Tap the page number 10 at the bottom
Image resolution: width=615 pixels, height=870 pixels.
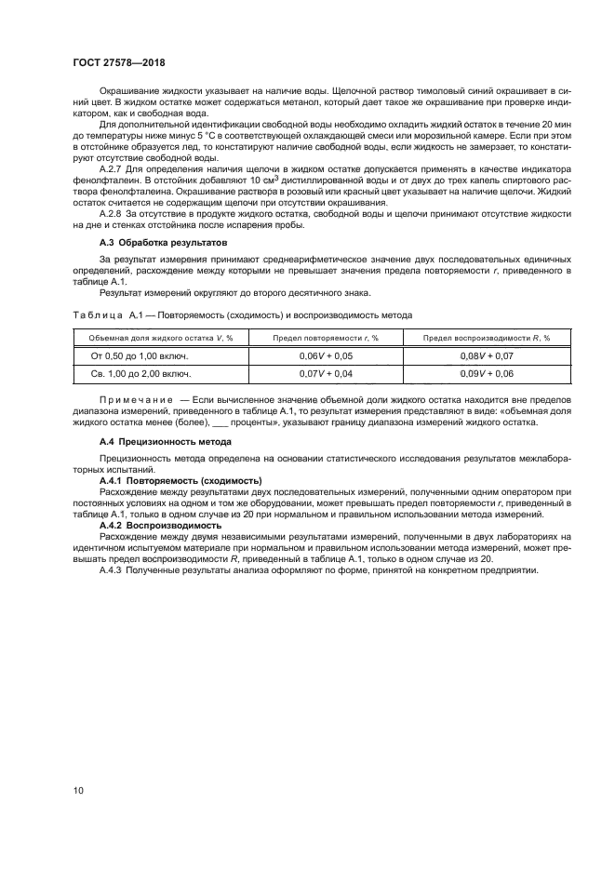coord(77,790)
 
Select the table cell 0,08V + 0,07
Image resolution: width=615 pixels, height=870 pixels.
coord(488,356)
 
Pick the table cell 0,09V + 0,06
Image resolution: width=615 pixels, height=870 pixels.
coord(488,374)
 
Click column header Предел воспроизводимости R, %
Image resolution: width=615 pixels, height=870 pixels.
coord(488,338)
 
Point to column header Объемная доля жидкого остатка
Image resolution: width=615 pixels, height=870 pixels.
coord(148,338)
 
